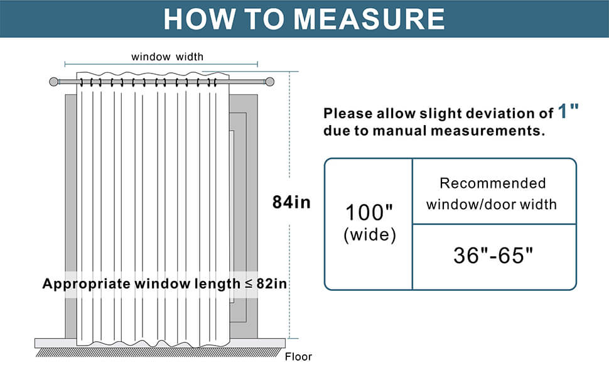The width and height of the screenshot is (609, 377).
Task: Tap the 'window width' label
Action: pyautogui.click(x=167, y=57)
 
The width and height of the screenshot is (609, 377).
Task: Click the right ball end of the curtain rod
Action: pyautogui.click(x=270, y=82)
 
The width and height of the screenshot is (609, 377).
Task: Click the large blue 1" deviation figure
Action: pyautogui.click(x=568, y=112)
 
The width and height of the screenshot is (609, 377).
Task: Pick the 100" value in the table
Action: pyautogui.click(x=369, y=212)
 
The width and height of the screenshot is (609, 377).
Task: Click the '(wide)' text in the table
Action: pyautogui.click(x=369, y=235)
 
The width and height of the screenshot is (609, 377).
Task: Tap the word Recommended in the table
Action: pyautogui.click(x=492, y=183)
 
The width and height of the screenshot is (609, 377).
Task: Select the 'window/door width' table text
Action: pyautogui.click(x=492, y=204)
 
